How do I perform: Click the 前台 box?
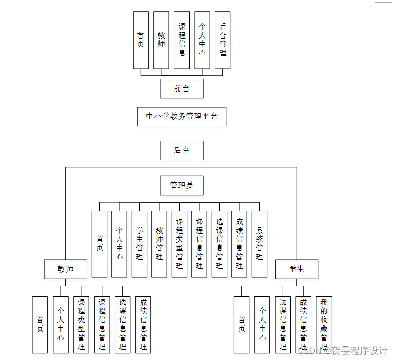pyautogui.click(x=182, y=88)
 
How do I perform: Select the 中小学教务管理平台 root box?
pyautogui.click(x=182, y=117)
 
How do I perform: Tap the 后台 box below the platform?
pyautogui.click(x=182, y=150)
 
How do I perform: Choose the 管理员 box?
pyautogui.click(x=182, y=185)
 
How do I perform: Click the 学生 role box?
pyautogui.click(x=297, y=269)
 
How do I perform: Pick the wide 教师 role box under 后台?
pyautogui.click(x=66, y=269)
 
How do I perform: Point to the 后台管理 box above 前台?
pyautogui.click(x=222, y=40)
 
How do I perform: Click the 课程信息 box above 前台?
pyautogui.click(x=182, y=40)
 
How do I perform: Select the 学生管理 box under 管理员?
pyautogui.click(x=139, y=243)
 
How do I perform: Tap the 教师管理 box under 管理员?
pyautogui.click(x=159, y=243)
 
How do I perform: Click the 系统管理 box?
pyautogui.click(x=259, y=243)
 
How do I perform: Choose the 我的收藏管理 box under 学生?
pyautogui.click(x=324, y=324)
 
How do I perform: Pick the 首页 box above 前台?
pyautogui.click(x=141, y=40)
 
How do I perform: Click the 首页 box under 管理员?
pyautogui.click(x=99, y=243)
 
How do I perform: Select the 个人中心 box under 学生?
pyautogui.click(x=262, y=324)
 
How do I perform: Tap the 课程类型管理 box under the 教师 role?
pyautogui.click(x=81, y=324)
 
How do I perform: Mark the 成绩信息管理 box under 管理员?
pyautogui.click(x=239, y=243)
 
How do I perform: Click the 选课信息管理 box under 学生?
pyautogui.click(x=283, y=324)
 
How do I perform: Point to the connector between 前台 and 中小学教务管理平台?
pyautogui.click(x=182, y=102)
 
